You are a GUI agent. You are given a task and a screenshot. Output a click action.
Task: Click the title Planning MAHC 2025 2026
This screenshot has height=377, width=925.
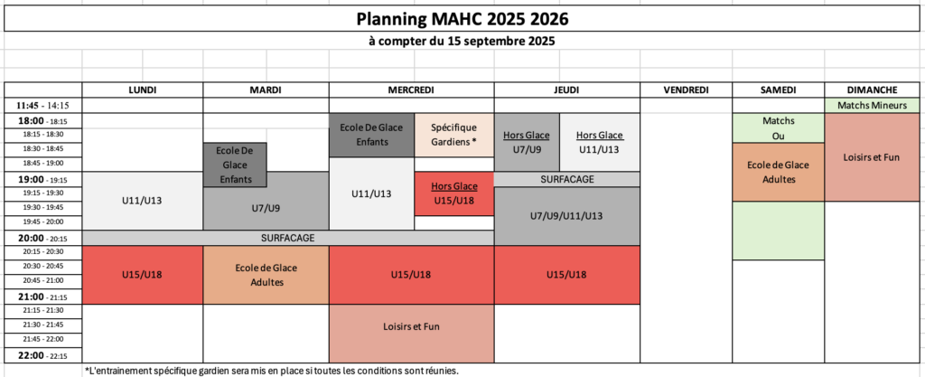462,20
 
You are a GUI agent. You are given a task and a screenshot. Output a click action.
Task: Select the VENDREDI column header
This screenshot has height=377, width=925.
686,90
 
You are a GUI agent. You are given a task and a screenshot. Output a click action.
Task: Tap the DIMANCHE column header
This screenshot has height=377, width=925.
872,90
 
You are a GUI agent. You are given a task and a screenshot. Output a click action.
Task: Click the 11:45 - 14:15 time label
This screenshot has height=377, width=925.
43,106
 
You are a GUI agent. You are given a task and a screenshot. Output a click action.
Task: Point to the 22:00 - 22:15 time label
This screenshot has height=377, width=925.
43,356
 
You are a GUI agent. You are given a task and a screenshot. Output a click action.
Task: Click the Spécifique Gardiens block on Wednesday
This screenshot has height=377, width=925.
453,135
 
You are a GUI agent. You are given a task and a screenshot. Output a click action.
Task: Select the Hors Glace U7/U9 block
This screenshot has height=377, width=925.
527,142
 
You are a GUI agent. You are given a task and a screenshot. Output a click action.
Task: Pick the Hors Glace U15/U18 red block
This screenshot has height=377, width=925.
454,194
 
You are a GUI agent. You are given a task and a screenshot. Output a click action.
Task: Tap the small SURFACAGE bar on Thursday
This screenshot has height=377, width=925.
567,179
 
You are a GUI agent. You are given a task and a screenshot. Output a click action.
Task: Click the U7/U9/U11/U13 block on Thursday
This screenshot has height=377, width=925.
567,216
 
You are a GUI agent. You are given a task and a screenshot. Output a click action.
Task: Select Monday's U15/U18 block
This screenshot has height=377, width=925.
143,275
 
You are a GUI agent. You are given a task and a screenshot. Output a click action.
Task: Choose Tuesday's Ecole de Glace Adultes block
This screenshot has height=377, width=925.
266,275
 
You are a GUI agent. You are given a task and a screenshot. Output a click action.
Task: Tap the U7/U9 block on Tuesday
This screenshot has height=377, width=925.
266,208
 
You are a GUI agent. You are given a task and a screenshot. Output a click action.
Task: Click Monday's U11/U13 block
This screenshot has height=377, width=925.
143,202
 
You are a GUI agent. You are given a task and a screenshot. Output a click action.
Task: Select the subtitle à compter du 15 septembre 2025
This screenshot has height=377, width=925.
462,42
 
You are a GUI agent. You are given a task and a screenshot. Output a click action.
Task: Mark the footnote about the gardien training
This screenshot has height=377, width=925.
272,371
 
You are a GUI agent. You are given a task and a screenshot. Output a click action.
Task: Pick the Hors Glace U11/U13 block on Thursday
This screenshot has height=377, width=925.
600,142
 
